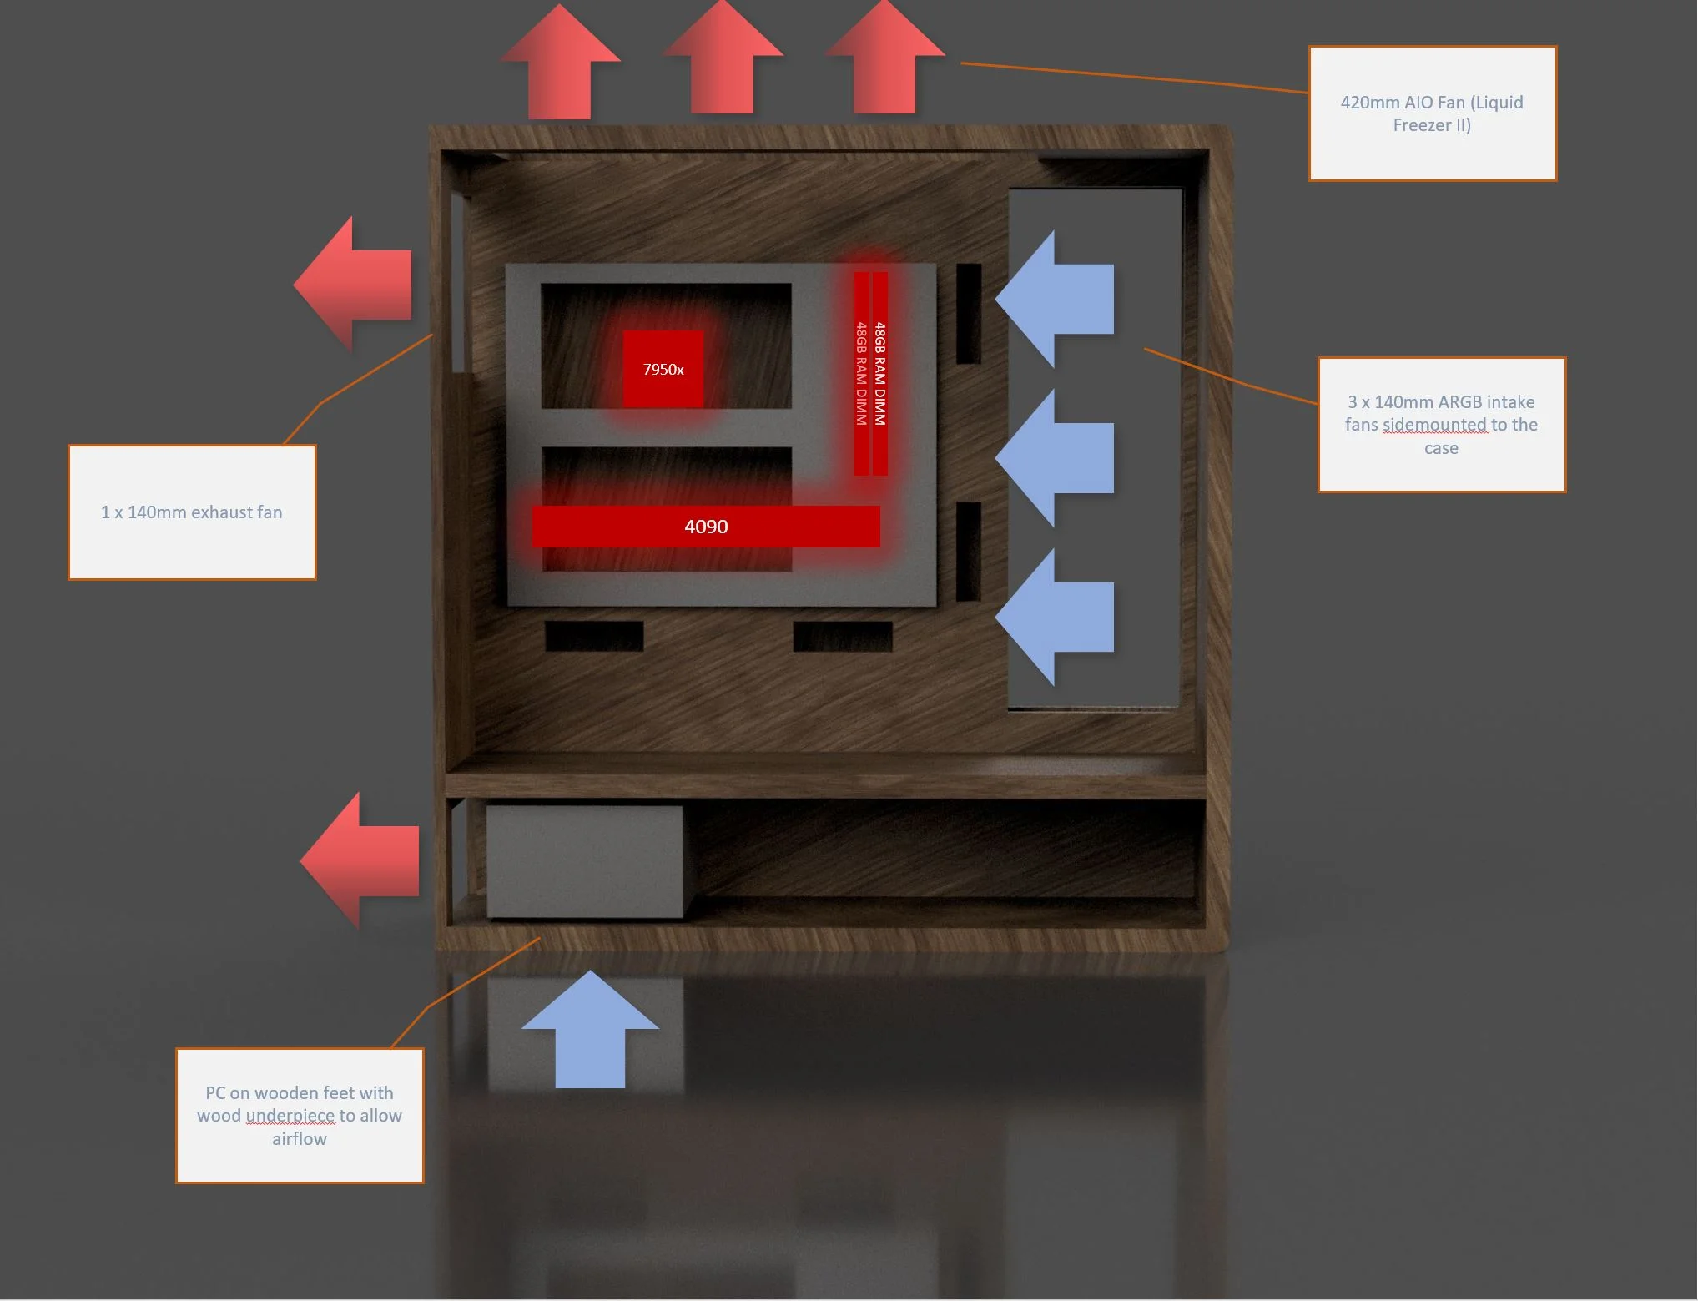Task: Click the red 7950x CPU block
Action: click(x=663, y=369)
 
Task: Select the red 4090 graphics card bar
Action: click(x=706, y=527)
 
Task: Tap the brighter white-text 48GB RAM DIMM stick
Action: click(x=880, y=373)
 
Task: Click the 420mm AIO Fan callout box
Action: click(x=1433, y=113)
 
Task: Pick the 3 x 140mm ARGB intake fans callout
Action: click(x=1442, y=425)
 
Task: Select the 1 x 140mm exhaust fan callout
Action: click(x=192, y=512)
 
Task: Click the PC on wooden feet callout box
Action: click(x=300, y=1116)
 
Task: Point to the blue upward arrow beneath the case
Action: click(x=590, y=1030)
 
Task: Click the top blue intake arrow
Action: click(x=1055, y=299)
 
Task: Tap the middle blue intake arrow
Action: click(x=1055, y=457)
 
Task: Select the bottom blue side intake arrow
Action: click(x=1055, y=617)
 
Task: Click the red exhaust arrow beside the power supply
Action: click(x=360, y=860)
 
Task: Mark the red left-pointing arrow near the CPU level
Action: click(x=352, y=285)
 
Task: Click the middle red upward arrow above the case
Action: click(x=723, y=58)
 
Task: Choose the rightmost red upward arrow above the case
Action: click(x=884, y=57)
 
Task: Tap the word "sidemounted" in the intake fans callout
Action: click(x=1434, y=425)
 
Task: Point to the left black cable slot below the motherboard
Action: click(x=594, y=636)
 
